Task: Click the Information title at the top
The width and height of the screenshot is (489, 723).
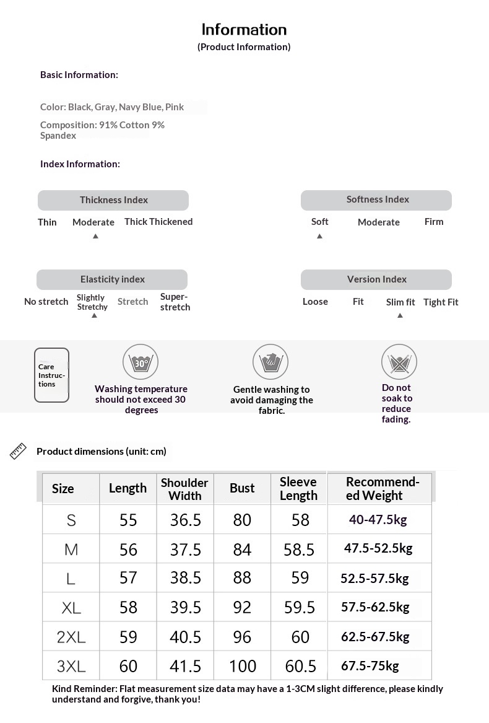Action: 244,30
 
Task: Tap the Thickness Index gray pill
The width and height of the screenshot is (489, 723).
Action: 113,200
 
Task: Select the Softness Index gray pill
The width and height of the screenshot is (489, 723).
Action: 376,199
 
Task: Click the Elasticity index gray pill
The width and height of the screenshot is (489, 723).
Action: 112,279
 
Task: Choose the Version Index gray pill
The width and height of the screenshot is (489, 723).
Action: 376,279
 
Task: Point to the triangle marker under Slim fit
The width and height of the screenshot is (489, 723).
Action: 400,316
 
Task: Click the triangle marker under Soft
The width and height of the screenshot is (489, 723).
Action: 319,237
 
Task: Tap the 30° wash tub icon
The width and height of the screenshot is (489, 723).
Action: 141,362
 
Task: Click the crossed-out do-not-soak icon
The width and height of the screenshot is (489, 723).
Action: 399,362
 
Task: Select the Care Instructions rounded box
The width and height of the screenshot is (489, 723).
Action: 51,375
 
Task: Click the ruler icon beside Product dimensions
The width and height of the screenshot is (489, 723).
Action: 19,451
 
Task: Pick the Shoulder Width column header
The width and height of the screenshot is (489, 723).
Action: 184,489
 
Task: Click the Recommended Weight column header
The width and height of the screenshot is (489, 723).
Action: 382,489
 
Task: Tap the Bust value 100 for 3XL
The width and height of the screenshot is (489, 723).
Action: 242,666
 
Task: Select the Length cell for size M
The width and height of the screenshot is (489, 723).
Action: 128,550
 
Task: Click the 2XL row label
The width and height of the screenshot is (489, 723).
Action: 71,637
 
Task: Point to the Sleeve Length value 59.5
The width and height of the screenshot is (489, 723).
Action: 300,607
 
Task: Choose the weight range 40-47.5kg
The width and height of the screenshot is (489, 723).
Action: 378,520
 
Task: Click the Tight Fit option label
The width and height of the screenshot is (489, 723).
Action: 441,302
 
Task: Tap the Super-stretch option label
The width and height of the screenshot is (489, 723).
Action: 175,302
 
